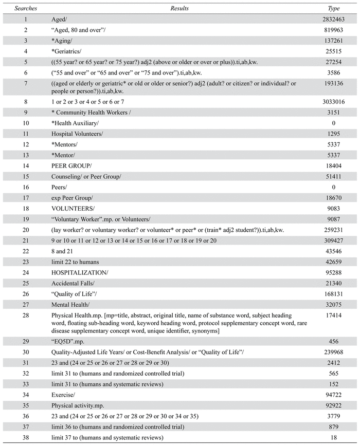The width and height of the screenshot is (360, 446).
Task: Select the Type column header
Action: click(334, 9)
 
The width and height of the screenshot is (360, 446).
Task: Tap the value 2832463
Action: click(334, 20)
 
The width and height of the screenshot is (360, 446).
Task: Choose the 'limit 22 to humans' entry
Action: click(76, 262)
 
